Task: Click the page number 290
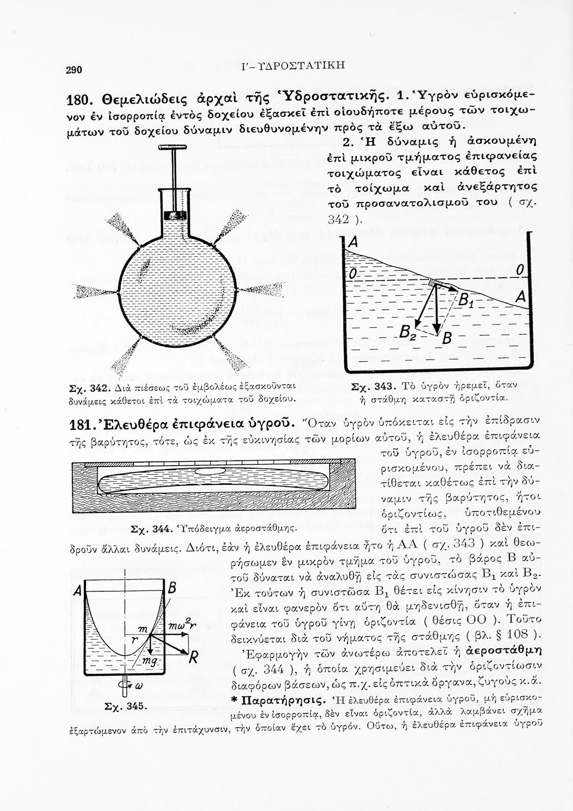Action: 74,70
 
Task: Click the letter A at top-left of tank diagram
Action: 353,245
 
